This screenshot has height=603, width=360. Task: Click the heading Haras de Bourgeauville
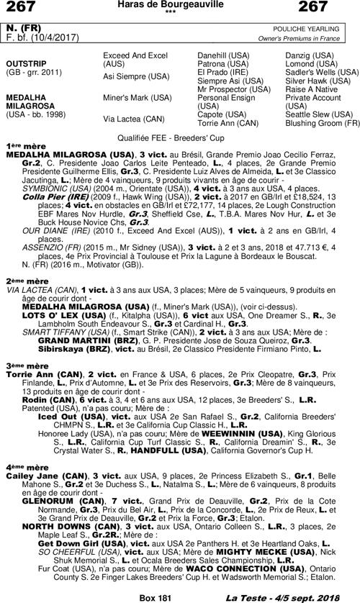pos(179,6)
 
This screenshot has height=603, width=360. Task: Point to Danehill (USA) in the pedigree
pos(224,55)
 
